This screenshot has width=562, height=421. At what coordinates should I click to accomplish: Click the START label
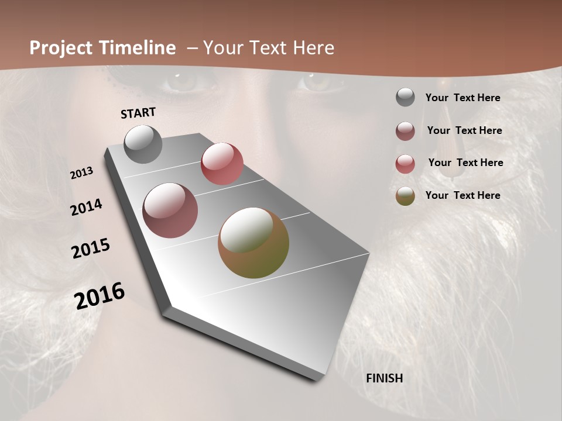click(x=138, y=113)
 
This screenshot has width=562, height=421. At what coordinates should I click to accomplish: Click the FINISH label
click(x=384, y=378)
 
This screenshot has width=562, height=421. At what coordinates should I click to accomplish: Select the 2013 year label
click(x=82, y=173)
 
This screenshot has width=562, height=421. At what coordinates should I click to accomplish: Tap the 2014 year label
click(x=87, y=207)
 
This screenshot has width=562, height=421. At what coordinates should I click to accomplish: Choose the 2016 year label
click(x=100, y=296)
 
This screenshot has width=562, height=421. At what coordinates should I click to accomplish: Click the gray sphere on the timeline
click(x=143, y=144)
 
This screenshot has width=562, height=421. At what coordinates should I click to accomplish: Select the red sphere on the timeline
click(x=222, y=164)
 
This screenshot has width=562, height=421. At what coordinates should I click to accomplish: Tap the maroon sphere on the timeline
click(x=170, y=210)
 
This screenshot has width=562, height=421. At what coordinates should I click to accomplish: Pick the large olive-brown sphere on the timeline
click(x=253, y=243)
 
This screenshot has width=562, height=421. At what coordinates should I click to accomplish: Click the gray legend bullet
click(x=405, y=98)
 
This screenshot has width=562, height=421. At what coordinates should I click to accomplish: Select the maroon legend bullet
click(x=405, y=131)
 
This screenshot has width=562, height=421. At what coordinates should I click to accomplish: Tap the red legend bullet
click(x=405, y=164)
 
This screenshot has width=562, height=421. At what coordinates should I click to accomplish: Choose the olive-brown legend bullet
click(x=405, y=196)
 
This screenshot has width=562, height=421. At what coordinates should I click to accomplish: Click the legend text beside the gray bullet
click(x=462, y=98)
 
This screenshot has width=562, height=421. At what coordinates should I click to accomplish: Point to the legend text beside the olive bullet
click(x=462, y=195)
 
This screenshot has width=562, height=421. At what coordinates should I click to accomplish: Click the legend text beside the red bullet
click(x=465, y=163)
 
